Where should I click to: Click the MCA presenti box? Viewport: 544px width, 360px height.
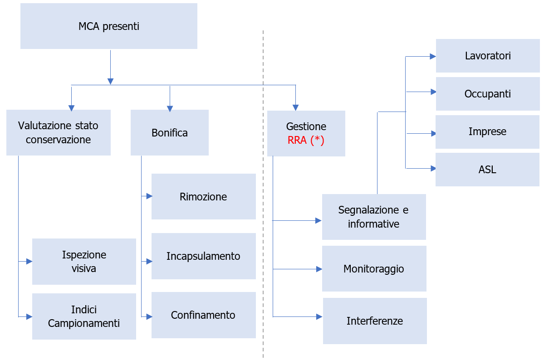point(109,26)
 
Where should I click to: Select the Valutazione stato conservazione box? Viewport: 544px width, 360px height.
point(58,132)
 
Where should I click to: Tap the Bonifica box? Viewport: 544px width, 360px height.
point(169,133)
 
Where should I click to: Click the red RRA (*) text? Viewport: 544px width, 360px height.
point(306,140)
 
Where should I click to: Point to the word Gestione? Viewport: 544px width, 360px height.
point(306,126)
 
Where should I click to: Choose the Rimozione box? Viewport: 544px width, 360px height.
point(203,197)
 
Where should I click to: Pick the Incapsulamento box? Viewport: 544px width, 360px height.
point(203,256)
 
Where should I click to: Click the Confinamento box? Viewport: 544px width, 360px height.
point(203,315)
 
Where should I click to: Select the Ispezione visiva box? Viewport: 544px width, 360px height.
point(84,262)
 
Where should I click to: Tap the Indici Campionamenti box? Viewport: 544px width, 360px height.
point(84,316)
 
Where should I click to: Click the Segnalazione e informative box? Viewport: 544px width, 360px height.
point(374,217)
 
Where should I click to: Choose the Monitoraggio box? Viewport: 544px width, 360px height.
point(374,269)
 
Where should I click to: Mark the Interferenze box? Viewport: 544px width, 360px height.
point(375,321)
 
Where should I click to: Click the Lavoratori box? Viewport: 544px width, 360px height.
point(488,56)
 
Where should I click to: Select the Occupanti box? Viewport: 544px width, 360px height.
point(488,94)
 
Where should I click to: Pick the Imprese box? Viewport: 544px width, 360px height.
point(487,132)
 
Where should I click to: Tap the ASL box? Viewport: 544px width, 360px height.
point(487,170)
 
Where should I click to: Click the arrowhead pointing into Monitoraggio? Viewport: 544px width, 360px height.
point(319,269)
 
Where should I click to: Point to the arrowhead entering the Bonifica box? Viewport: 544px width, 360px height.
point(170,108)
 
